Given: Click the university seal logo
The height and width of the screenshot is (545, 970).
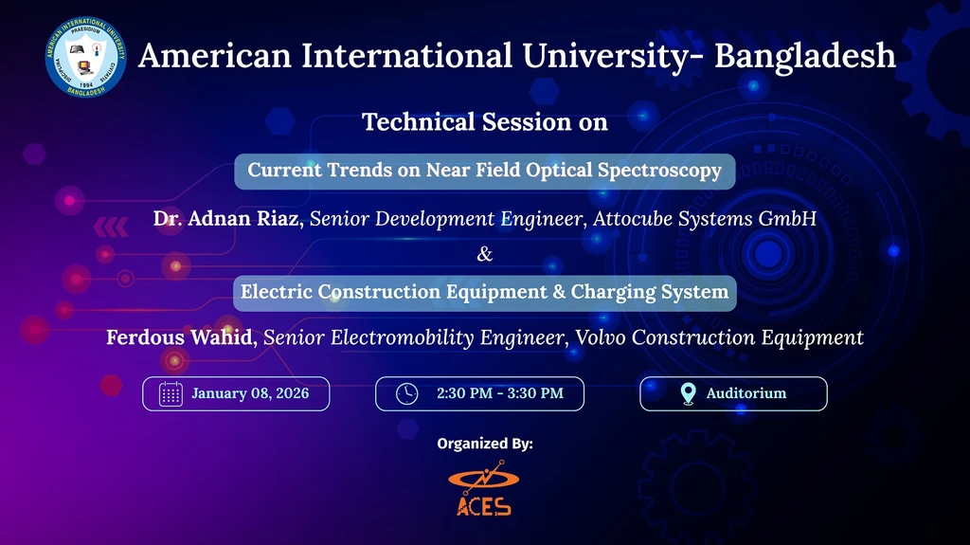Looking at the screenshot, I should [85, 57].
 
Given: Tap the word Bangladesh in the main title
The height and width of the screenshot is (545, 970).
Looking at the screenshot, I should [804, 56].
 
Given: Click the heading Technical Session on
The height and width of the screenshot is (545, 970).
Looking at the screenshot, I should [485, 122].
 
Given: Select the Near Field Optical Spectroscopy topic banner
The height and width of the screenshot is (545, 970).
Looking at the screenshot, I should [485, 171].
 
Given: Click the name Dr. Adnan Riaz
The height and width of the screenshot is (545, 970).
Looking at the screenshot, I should [227, 220].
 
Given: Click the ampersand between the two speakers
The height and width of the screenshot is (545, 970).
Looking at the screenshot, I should [485, 254].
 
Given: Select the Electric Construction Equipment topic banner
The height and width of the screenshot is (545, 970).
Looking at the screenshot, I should [485, 292].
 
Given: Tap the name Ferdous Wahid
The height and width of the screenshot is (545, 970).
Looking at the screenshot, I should [181, 337].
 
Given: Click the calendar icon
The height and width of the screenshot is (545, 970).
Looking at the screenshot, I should [171, 394].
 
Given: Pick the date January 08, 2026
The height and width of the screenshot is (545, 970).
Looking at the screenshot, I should [249, 393].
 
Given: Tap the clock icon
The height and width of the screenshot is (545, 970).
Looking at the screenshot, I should [406, 394].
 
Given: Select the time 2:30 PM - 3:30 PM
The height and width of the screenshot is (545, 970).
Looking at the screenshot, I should [499, 393].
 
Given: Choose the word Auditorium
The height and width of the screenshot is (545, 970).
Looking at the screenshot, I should [745, 393].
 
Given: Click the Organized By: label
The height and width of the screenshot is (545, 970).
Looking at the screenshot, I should [485, 444].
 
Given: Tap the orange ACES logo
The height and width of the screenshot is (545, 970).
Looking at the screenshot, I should [483, 489].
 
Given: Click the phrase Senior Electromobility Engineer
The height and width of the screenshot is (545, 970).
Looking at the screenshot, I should [412, 337].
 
